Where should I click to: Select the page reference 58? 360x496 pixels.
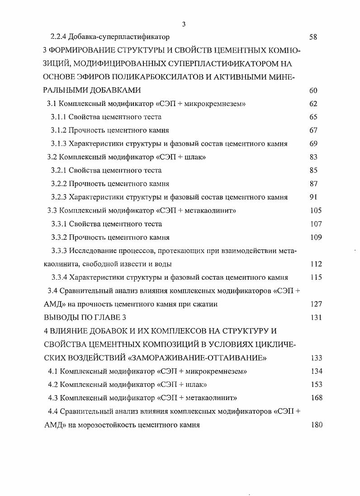[313, 37]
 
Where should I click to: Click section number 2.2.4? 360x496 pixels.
[58, 37]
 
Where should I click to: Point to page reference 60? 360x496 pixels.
[313, 91]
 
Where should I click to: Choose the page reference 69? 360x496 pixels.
[313, 144]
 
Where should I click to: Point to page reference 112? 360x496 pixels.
[316, 264]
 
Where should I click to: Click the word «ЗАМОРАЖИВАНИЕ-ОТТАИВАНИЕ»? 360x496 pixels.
[198, 358]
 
